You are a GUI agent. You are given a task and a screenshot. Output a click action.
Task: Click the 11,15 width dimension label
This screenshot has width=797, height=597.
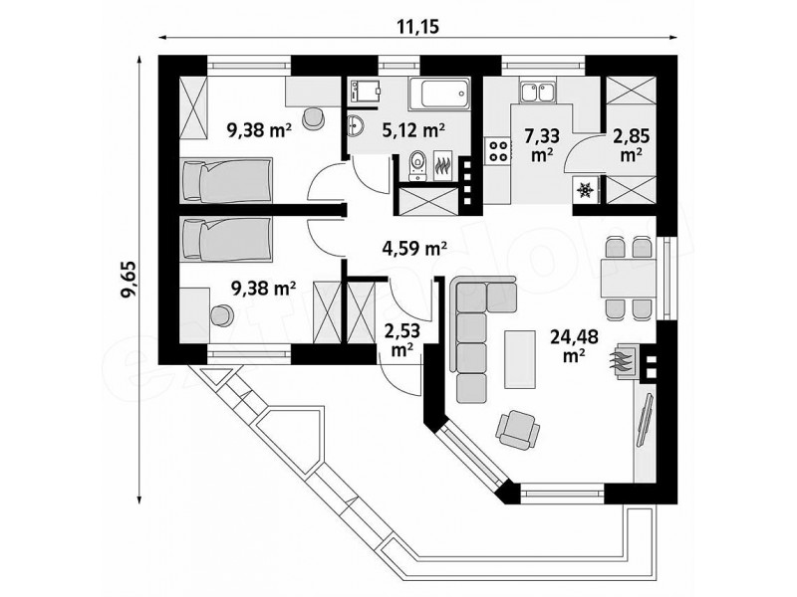417,26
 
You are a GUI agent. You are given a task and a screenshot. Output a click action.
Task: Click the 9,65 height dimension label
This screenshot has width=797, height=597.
129,280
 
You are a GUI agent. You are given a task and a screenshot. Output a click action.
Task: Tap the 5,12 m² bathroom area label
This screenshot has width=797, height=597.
413,130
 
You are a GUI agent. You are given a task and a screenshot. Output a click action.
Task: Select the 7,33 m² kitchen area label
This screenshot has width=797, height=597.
542,145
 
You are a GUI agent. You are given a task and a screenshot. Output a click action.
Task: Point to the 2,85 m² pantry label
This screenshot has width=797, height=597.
631,145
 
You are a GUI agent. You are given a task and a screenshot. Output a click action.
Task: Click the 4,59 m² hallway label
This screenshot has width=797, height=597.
414,248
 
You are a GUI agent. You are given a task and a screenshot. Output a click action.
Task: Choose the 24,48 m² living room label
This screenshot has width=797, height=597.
574,345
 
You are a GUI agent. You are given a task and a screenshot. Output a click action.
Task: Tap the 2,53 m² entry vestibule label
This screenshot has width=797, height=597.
402,340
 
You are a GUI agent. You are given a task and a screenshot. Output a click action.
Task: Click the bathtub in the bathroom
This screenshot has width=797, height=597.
439,93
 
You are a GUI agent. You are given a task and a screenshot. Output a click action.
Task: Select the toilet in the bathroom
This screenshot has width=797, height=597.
417,165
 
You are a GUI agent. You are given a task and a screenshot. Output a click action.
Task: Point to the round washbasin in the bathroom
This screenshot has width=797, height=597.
356,125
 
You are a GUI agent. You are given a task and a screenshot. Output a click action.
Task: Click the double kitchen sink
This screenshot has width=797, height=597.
537,93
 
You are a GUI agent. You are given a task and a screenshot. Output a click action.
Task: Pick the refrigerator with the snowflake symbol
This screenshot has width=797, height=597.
586,190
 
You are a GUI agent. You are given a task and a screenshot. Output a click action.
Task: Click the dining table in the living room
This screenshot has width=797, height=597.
629,278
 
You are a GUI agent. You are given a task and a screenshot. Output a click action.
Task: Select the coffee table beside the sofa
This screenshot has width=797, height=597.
520,359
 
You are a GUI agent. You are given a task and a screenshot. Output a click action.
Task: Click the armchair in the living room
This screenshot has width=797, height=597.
518,430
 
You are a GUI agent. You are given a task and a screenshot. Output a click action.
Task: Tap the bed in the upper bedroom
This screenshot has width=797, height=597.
226,180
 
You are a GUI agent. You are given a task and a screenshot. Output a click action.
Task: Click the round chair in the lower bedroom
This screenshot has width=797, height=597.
221,315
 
